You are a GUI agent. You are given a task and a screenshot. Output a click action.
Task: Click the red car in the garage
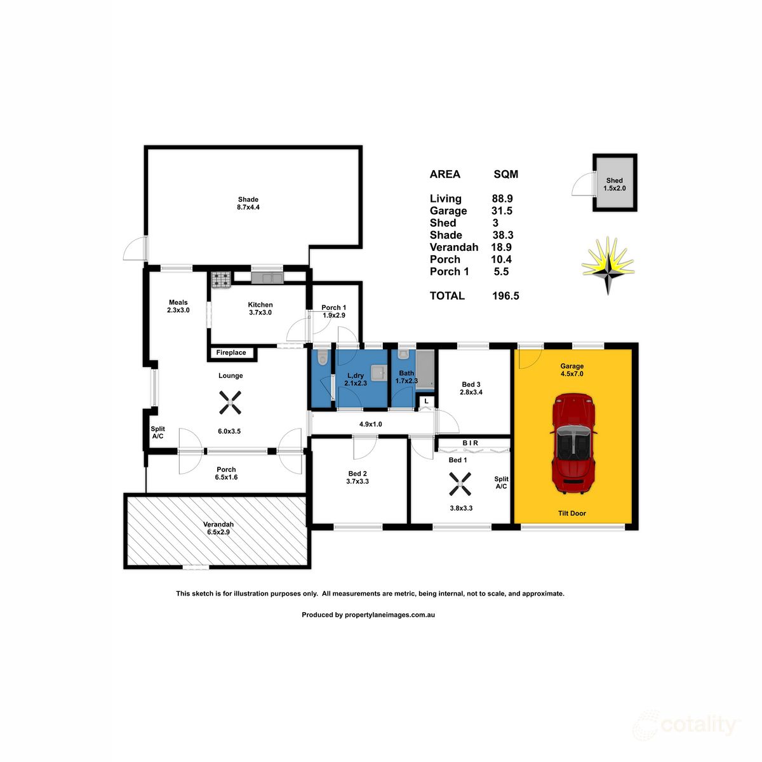pos(574,443)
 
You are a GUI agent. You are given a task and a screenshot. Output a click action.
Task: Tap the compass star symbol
pos(608,265)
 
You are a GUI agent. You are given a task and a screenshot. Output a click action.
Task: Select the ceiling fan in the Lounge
pos(231,402)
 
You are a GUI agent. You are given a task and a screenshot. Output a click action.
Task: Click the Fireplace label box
pos(232,352)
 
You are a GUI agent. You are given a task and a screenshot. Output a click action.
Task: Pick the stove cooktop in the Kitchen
pos(221,278)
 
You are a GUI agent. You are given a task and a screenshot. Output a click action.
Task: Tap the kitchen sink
pos(267,277)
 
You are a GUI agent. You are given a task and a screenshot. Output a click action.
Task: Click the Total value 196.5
pos(505,296)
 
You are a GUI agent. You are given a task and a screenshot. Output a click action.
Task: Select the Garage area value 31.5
pos(502,211)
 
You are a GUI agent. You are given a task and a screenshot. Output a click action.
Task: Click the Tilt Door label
pos(571,513)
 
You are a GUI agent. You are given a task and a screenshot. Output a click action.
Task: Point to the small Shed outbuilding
pos(614,184)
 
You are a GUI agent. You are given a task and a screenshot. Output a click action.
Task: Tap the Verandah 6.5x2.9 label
pos(218,528)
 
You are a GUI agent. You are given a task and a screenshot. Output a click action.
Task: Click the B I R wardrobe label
pos(471,443)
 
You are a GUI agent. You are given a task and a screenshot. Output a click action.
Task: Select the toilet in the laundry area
pos(322,358)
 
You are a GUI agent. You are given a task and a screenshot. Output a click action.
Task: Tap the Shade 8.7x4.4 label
pos(248,203)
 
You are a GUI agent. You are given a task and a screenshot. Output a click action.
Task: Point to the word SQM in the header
pos(505,175)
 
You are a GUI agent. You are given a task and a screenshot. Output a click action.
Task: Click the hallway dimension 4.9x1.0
pos(370,424)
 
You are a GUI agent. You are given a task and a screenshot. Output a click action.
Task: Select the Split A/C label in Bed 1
pos(501,483)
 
